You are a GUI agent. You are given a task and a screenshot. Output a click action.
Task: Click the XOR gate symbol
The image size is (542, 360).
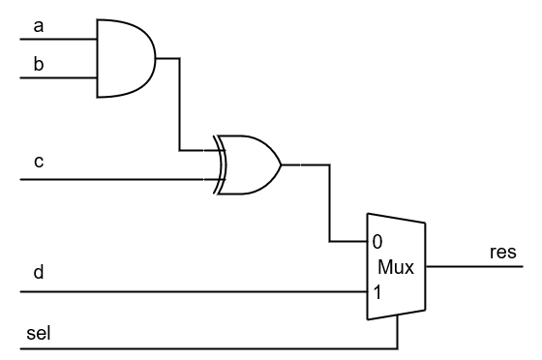[250, 165]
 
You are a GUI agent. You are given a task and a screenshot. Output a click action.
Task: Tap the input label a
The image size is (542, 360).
[39, 26]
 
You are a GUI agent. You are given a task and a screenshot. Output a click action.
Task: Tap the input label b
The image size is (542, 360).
[39, 64]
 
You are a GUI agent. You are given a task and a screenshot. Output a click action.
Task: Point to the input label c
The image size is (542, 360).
[39, 162]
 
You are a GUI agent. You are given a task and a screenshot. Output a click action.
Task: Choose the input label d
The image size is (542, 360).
[39, 274]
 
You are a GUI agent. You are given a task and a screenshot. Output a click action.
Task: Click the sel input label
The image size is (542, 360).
[40, 334]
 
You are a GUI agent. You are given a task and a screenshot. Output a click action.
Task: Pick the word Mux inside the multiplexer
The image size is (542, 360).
[396, 267]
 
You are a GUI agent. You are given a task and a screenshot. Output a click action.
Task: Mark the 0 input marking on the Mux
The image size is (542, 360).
[376, 241]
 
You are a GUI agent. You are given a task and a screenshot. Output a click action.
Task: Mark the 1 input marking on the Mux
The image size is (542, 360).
[376, 290]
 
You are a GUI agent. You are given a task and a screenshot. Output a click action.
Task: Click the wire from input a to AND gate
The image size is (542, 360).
[58, 40]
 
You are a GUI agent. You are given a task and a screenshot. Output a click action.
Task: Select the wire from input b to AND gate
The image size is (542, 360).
[58, 77]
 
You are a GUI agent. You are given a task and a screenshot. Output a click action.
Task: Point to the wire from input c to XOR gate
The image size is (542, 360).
[116, 180]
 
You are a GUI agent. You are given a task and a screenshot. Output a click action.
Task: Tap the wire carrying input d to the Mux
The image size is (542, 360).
[194, 291]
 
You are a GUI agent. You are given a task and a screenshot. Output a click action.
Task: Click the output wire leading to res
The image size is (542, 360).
[474, 266]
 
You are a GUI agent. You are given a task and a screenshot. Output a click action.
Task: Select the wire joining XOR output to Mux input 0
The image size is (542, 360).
[329, 203]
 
